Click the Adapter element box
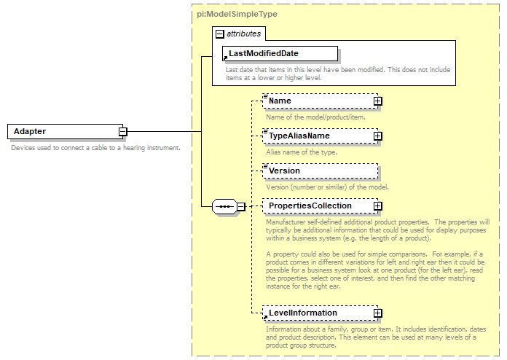tap(62, 131)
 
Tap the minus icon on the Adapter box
tap(123, 132)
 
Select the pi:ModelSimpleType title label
tap(227, 15)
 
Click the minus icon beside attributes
tap(219, 34)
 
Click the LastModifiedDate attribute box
tap(280, 53)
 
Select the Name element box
tap(316, 101)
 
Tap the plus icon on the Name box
tap(377, 101)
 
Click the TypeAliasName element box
tap(316, 136)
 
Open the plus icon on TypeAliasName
tap(377, 136)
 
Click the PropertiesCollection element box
tap(316, 206)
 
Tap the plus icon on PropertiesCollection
tap(377, 206)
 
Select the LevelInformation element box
tap(316, 313)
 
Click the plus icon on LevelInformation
tap(377, 313)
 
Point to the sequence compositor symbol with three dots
tap(224, 206)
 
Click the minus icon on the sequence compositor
tap(241, 206)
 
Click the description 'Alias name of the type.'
tap(301, 152)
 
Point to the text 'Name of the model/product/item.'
tap(315, 117)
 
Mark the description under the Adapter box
tap(95, 148)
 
